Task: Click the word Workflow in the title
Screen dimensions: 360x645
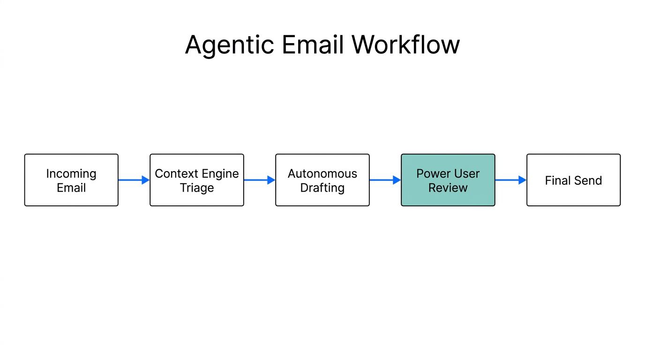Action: [x=406, y=45]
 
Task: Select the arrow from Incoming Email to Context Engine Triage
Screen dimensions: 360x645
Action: [x=134, y=180]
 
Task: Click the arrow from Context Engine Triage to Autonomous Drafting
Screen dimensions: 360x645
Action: [x=259, y=180]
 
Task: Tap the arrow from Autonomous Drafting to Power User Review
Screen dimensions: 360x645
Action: [x=385, y=180]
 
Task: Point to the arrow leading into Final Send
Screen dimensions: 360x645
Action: [x=510, y=180]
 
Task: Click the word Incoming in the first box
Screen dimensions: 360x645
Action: [x=71, y=174]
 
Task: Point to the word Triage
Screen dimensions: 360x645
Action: [x=197, y=188]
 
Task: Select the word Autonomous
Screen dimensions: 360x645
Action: [x=322, y=174]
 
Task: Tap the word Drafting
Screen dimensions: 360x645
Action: [x=322, y=188]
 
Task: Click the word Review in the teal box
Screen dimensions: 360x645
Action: [x=448, y=188]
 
